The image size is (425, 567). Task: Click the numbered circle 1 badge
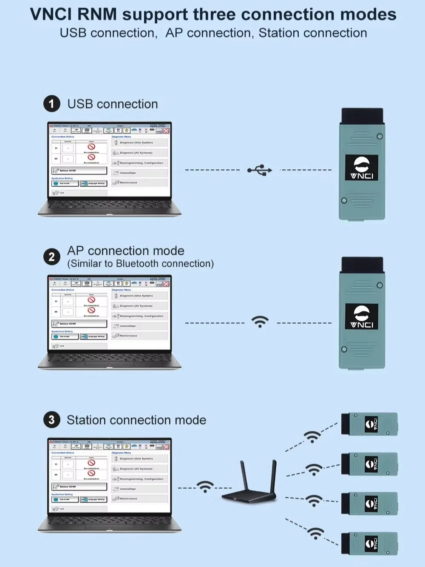click(51, 104)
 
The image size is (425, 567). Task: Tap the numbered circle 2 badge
click(51, 257)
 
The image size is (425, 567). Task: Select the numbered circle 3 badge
click(51, 420)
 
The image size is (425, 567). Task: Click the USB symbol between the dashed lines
click(260, 170)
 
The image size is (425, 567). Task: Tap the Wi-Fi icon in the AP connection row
click(260, 322)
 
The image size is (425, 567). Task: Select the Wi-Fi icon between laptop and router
click(205, 487)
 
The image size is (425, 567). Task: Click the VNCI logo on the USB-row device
click(361, 168)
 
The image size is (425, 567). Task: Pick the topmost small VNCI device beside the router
click(369, 424)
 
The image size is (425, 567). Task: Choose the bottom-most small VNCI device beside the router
click(369, 543)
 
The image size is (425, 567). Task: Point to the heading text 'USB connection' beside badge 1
click(113, 104)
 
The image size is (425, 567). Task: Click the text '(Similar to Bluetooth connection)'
click(140, 264)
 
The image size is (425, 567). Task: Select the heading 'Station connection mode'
click(136, 420)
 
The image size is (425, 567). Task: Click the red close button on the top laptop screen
click(166, 130)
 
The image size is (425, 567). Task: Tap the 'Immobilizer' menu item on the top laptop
click(127, 173)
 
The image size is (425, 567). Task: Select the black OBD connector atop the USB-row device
click(362, 115)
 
